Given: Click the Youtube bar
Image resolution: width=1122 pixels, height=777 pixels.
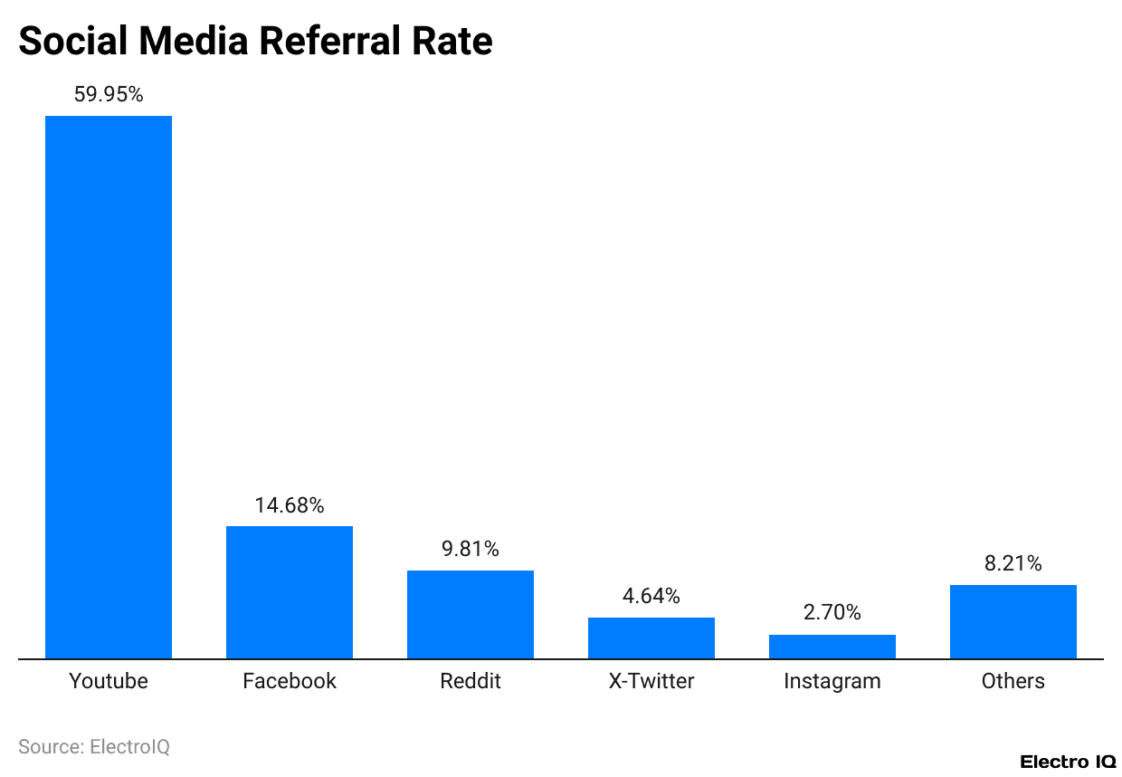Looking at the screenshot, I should pos(109,387).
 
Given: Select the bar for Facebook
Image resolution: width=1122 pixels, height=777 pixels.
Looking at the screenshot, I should pos(290,592).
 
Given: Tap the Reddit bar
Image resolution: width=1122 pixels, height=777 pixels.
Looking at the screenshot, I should pos(471,614).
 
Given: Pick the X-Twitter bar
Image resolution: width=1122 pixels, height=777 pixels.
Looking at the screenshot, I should pos(651,638).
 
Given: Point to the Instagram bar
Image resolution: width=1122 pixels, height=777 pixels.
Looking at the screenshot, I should pos(832,647).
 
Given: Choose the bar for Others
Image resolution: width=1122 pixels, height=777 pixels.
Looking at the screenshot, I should pos(1013,621).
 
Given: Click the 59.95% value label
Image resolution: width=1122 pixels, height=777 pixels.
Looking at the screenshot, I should pos(109,94).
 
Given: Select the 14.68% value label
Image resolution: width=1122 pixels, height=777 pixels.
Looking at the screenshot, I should pos(290,505).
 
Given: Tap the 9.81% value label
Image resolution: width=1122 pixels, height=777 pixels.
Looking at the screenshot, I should pos(471,549).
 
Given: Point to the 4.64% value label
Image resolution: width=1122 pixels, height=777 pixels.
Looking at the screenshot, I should pos(651,596).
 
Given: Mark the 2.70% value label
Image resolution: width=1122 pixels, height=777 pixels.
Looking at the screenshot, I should pos(832,613).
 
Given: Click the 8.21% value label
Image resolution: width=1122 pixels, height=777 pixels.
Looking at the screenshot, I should pos(1013,563).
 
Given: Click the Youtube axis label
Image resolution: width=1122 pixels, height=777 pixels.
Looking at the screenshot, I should pos(109,681).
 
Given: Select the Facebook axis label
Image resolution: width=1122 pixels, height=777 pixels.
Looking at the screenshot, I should pos(290,681).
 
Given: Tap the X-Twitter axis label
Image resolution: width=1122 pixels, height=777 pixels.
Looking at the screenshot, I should pos(651,681).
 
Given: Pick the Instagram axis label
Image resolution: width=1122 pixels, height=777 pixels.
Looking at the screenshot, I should pos(832,681).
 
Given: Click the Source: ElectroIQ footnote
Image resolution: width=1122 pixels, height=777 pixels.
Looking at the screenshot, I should pos(94,747).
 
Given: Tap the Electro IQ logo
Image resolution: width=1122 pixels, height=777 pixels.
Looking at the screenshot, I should pos(1067,762).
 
